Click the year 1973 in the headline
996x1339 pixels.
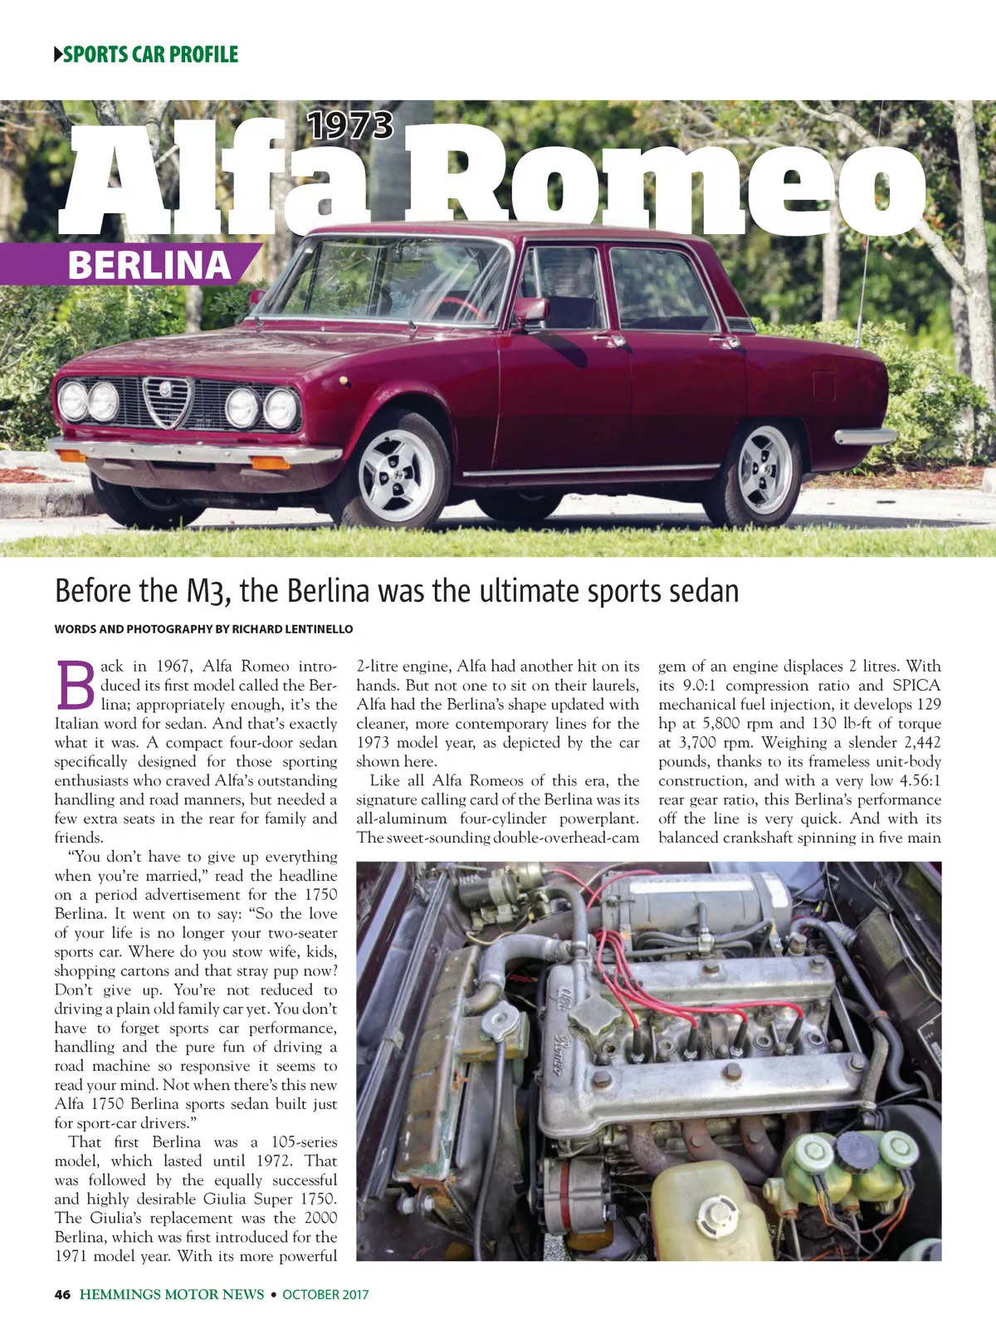tap(350, 126)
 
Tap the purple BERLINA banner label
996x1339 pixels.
tap(149, 265)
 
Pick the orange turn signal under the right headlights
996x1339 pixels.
tap(270, 462)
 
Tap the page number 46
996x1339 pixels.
tap(62, 1294)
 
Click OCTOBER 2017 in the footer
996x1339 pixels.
tap(325, 1294)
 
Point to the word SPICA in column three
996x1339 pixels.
tap(916, 686)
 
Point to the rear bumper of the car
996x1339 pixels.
tap(865, 437)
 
